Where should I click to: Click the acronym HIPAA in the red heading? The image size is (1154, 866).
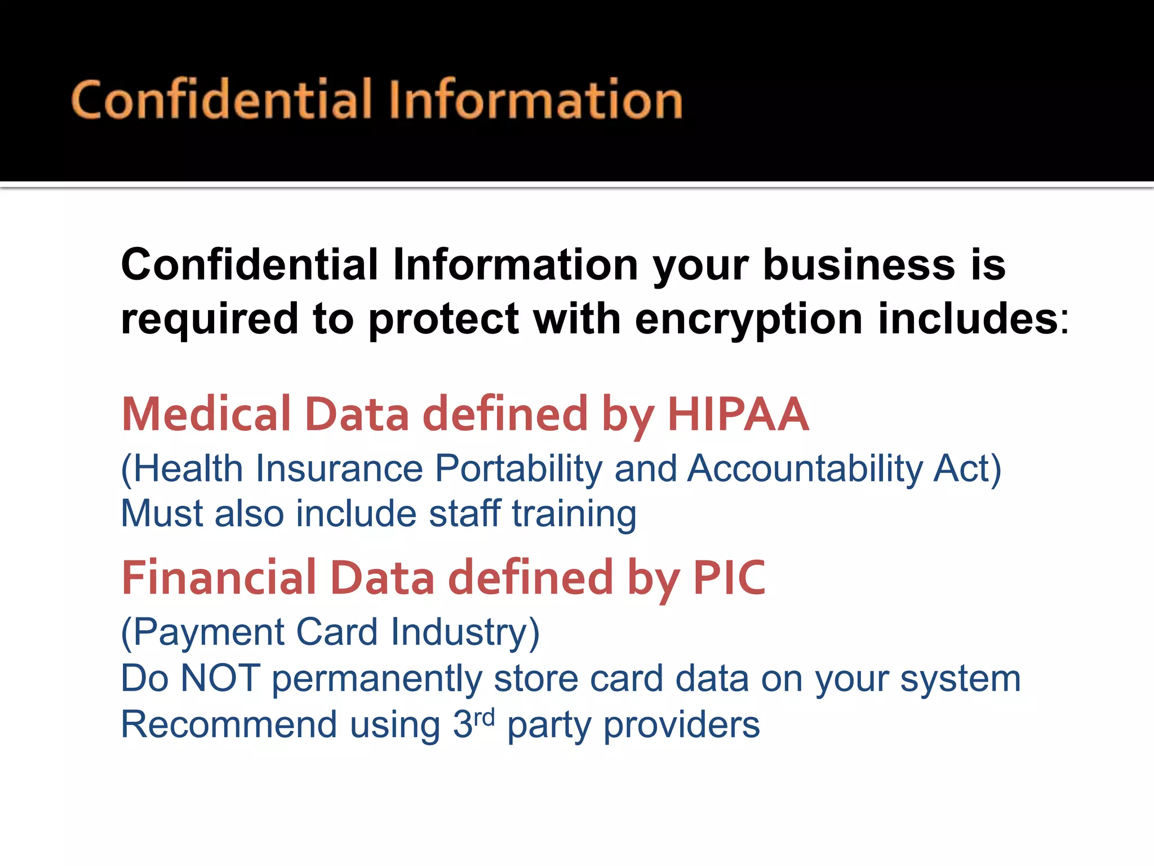point(738,414)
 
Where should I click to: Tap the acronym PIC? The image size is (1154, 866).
point(729,577)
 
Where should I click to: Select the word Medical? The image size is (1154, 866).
point(206,414)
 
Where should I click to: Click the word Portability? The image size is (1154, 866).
point(519,469)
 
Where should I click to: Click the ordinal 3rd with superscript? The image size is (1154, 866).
point(473,724)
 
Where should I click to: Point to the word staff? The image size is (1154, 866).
point(464,514)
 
